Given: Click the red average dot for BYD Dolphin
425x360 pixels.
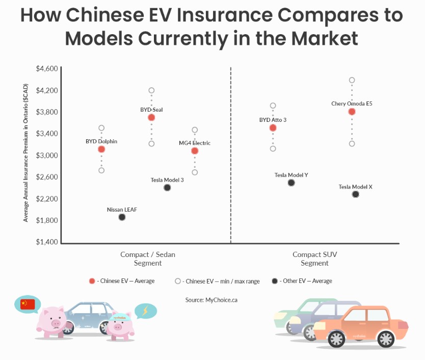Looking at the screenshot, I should (101, 149).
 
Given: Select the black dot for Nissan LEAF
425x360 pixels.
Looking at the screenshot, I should (122, 217).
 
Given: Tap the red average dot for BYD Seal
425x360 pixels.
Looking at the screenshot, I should (151, 117).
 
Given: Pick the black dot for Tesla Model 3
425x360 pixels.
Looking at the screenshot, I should (167, 188).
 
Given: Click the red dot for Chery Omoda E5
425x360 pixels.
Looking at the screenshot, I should (352, 112).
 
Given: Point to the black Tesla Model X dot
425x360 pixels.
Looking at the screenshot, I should (355, 194).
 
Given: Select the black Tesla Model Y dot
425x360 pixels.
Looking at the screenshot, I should (291, 183).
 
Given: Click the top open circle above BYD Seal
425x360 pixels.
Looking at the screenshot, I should (151, 90).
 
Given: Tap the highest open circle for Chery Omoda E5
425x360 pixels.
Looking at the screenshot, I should (352, 80).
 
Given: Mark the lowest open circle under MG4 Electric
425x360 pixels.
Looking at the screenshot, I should (195, 172).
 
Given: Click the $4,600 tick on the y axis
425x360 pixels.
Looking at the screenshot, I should (47, 69).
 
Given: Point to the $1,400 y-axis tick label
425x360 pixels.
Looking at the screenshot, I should (47, 242).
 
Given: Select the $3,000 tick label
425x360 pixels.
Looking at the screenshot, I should (47, 156).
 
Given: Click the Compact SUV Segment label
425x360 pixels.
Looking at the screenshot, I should (314, 259).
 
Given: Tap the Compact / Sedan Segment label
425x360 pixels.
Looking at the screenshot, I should (148, 259).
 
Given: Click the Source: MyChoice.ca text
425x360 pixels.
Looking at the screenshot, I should (211, 300).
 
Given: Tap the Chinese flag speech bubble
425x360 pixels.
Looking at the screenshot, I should (28, 305).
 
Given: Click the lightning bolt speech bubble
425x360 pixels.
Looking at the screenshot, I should (145, 311).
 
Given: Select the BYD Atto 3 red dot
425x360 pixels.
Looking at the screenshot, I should (273, 128).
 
